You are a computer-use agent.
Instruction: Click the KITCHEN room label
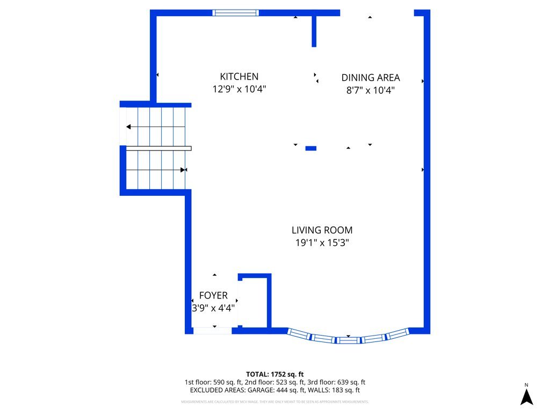point(239,77)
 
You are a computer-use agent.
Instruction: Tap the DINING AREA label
point(371,78)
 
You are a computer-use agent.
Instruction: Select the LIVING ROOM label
point(322,230)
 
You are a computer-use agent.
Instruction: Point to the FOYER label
point(213,296)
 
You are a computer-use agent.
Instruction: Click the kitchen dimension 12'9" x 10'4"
point(239,89)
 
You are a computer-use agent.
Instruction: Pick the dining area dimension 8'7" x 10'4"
point(371,90)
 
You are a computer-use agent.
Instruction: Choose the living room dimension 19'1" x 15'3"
point(322,243)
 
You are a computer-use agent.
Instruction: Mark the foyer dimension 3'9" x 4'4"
point(213,308)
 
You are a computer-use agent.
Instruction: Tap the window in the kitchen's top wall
point(235,13)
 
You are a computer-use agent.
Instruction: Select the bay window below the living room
point(349,338)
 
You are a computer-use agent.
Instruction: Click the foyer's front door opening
point(213,330)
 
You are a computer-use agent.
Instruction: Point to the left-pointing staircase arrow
point(129,127)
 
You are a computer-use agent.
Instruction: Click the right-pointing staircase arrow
point(184,170)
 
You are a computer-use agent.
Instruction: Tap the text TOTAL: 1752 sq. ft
point(275,374)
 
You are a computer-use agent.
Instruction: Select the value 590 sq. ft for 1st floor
point(225,382)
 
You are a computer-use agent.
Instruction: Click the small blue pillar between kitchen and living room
point(310,148)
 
